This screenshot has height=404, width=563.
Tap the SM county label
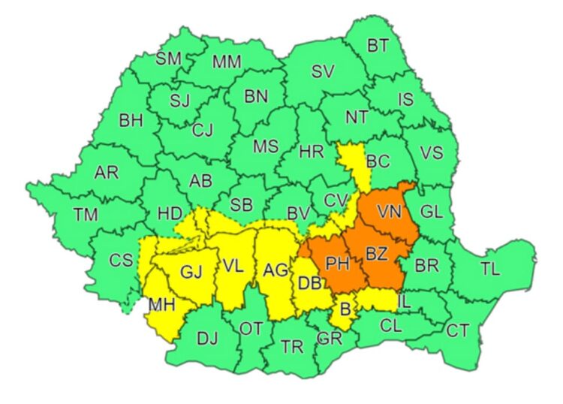tap(168, 59)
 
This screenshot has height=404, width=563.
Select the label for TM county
tap(86, 215)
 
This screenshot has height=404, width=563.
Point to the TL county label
tap(489, 268)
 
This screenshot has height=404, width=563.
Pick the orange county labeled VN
tap(390, 213)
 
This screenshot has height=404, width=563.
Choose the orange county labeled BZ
tap(376, 254)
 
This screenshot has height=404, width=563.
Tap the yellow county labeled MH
tap(162, 306)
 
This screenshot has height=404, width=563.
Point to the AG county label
tap(275, 269)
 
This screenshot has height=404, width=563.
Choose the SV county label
tap(322, 72)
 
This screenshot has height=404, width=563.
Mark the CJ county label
tap(203, 130)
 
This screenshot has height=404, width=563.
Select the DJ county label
tap(207, 338)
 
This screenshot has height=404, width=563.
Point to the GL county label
tap(432, 212)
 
